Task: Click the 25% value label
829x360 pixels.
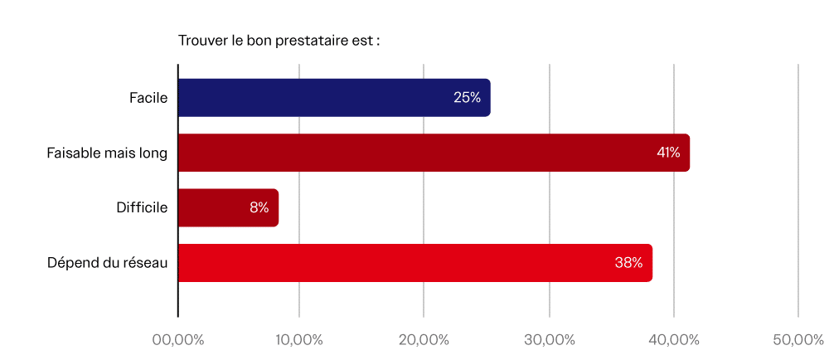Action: coord(467,98)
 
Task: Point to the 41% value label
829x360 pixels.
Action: coord(667,153)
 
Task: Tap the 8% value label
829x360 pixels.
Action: coord(259,207)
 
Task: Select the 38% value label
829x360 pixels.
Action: coord(628,263)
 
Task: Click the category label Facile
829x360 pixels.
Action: coord(148,98)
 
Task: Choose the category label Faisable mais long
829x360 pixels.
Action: coord(107,153)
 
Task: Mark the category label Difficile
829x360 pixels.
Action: coord(142,207)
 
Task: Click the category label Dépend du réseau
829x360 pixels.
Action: coord(108,263)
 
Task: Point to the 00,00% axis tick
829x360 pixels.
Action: coord(177,340)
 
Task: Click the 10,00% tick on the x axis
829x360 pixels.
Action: coord(299,340)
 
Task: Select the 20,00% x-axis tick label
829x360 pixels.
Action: coord(424,340)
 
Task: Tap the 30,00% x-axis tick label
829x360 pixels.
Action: coord(549,340)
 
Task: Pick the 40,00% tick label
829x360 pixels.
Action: coord(673,340)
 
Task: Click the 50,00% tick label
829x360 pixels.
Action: coord(797,340)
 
